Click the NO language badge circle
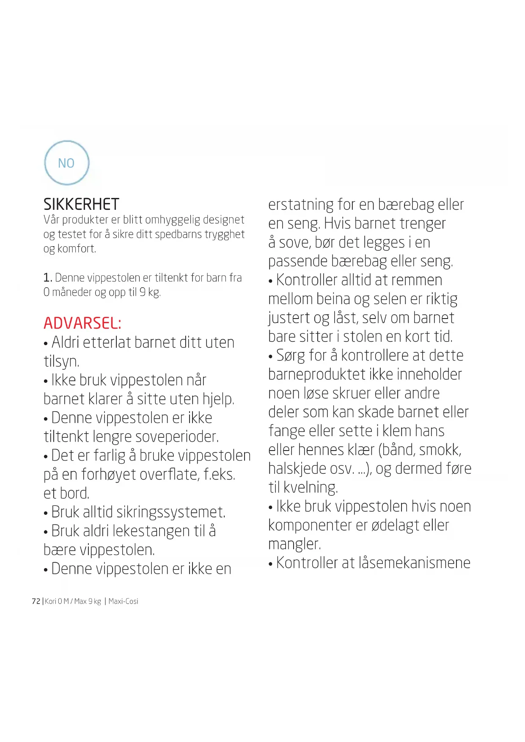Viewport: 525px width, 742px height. point(67,163)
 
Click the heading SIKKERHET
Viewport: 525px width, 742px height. point(81,204)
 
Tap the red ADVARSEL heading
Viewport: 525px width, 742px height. point(82,323)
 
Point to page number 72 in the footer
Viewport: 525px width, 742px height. point(36,601)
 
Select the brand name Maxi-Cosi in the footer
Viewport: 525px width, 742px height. point(123,601)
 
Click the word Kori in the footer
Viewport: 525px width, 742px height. point(50,601)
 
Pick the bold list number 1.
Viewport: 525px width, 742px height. point(47,278)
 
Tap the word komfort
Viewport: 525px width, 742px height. point(77,249)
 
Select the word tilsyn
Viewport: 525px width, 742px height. point(61,362)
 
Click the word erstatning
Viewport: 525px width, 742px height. point(301,205)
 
